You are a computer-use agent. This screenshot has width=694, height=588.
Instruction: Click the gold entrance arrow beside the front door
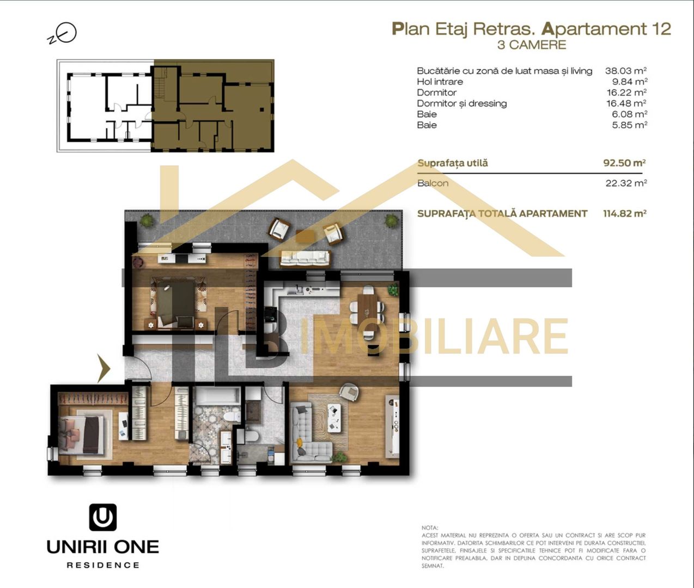tap(104, 369)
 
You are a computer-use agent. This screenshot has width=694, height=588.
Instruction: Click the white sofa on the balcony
tap(305, 258)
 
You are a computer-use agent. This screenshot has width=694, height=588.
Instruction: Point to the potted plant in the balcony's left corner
tap(147, 220)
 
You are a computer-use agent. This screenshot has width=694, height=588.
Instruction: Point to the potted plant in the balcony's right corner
tap(391, 220)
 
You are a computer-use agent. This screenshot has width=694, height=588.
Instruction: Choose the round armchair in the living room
tap(348, 391)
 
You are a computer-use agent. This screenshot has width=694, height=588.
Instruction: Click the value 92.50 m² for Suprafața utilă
tap(624, 163)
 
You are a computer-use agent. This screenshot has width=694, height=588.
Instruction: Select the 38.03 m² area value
tap(625, 71)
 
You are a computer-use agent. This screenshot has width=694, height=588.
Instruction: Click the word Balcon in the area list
tap(433, 183)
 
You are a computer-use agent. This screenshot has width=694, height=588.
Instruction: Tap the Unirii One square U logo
tap(103, 517)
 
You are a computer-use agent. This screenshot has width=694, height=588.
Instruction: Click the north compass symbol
tap(64, 34)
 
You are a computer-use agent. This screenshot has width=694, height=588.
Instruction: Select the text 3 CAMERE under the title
tap(531, 45)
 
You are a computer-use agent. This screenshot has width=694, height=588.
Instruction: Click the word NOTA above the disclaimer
tap(430, 528)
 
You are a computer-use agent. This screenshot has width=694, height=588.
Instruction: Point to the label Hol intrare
tap(440, 82)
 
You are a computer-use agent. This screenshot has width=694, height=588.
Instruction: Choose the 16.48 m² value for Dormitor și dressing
tap(626, 103)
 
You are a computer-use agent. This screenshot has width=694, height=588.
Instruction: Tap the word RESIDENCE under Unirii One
tap(103, 565)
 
